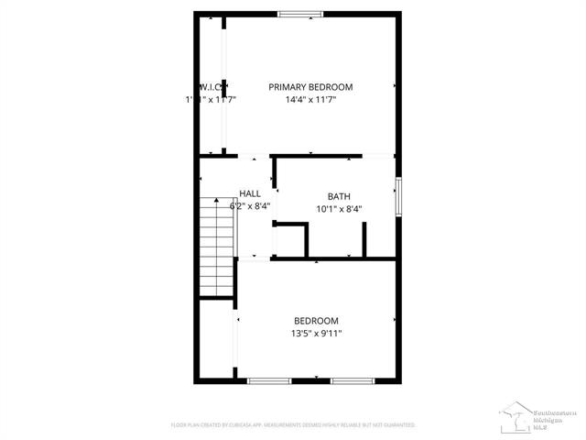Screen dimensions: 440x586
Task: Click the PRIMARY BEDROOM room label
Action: [310, 87]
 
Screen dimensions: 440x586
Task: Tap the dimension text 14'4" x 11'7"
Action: [310, 100]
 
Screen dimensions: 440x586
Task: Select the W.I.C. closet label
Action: [211, 87]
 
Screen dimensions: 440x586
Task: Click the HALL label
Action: [250, 193]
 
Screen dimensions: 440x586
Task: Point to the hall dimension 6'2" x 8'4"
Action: [250, 206]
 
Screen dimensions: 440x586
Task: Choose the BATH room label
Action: [339, 196]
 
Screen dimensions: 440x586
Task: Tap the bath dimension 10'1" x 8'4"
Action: [339, 209]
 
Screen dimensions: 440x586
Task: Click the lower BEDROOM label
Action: [316, 321]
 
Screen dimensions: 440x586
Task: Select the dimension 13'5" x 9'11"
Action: [316, 334]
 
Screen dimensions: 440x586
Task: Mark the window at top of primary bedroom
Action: [300, 14]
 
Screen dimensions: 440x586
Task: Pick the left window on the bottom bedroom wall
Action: [269, 380]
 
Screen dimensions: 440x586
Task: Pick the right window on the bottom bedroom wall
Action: [351, 380]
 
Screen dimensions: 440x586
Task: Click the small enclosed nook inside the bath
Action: [291, 240]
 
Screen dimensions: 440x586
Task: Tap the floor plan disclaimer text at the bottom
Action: [293, 425]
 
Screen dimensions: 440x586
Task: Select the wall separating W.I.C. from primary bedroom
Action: [224, 87]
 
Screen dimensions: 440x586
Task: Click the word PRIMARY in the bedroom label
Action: [288, 87]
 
